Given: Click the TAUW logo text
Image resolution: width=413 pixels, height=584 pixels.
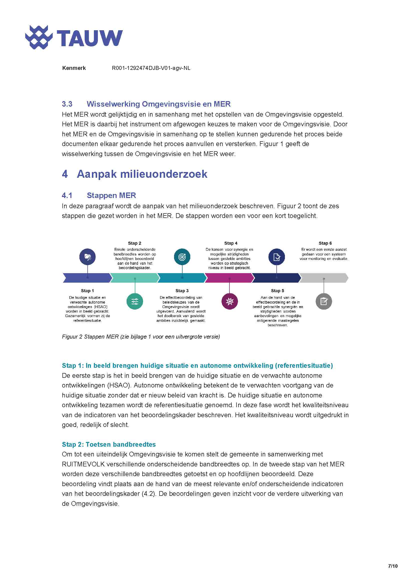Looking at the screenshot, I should [90, 38].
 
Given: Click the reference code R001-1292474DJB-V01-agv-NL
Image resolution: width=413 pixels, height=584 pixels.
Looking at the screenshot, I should [151, 68].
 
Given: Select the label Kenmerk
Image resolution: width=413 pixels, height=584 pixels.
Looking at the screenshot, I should [74, 68].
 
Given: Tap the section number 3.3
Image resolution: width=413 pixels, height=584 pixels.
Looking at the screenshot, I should [67, 104].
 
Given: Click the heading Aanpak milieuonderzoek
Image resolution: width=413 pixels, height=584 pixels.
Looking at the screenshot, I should [142, 174].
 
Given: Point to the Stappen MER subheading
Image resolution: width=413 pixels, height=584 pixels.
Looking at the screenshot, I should [111, 195].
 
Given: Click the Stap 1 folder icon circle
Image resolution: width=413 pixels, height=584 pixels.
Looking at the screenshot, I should [87, 257].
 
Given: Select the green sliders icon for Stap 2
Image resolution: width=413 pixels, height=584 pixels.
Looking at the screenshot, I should [135, 301].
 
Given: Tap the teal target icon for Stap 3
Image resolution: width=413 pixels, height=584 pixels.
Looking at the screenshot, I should [182, 257].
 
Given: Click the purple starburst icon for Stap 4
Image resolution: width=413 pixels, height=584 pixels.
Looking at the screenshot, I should [230, 301].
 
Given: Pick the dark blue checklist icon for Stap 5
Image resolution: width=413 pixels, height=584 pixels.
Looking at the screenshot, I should [277, 257].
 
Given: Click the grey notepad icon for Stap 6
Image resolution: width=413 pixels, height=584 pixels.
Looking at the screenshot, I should [324, 301].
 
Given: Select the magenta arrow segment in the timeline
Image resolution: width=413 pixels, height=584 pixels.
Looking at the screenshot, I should [229, 278].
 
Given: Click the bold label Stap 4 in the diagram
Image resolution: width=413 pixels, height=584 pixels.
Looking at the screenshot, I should [231, 243].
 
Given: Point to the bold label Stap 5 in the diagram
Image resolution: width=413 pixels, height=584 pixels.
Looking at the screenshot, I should [277, 291].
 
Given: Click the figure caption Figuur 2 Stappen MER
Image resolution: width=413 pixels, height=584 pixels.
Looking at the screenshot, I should [141, 337].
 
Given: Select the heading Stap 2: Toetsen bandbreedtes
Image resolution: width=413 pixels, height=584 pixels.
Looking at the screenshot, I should [109, 444].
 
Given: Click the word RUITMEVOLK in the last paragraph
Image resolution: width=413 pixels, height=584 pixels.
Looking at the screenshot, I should [83, 464].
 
